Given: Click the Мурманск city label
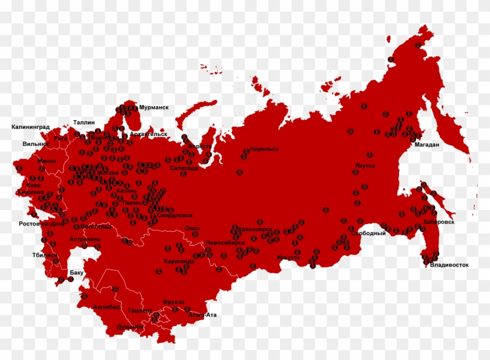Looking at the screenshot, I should [153, 108].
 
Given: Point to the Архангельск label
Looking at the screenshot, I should [148, 134].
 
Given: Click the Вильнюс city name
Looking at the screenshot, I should [35, 144].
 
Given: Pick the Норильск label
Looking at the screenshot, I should [264, 149].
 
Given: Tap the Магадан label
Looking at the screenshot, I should [426, 145].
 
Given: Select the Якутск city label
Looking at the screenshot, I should [363, 166].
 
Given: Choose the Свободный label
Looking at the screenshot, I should [368, 233].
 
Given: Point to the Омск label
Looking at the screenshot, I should [192, 229].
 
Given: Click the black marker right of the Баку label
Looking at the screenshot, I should [71, 279].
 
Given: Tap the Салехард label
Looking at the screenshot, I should [184, 167].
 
